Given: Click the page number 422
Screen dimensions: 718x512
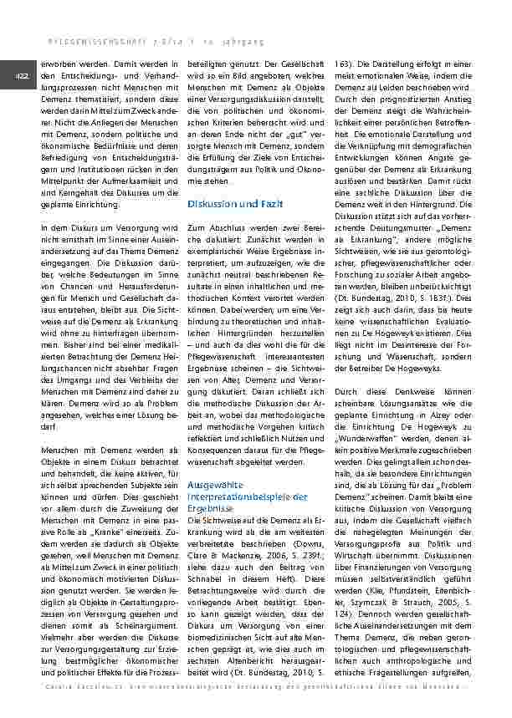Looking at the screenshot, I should (19, 76).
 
